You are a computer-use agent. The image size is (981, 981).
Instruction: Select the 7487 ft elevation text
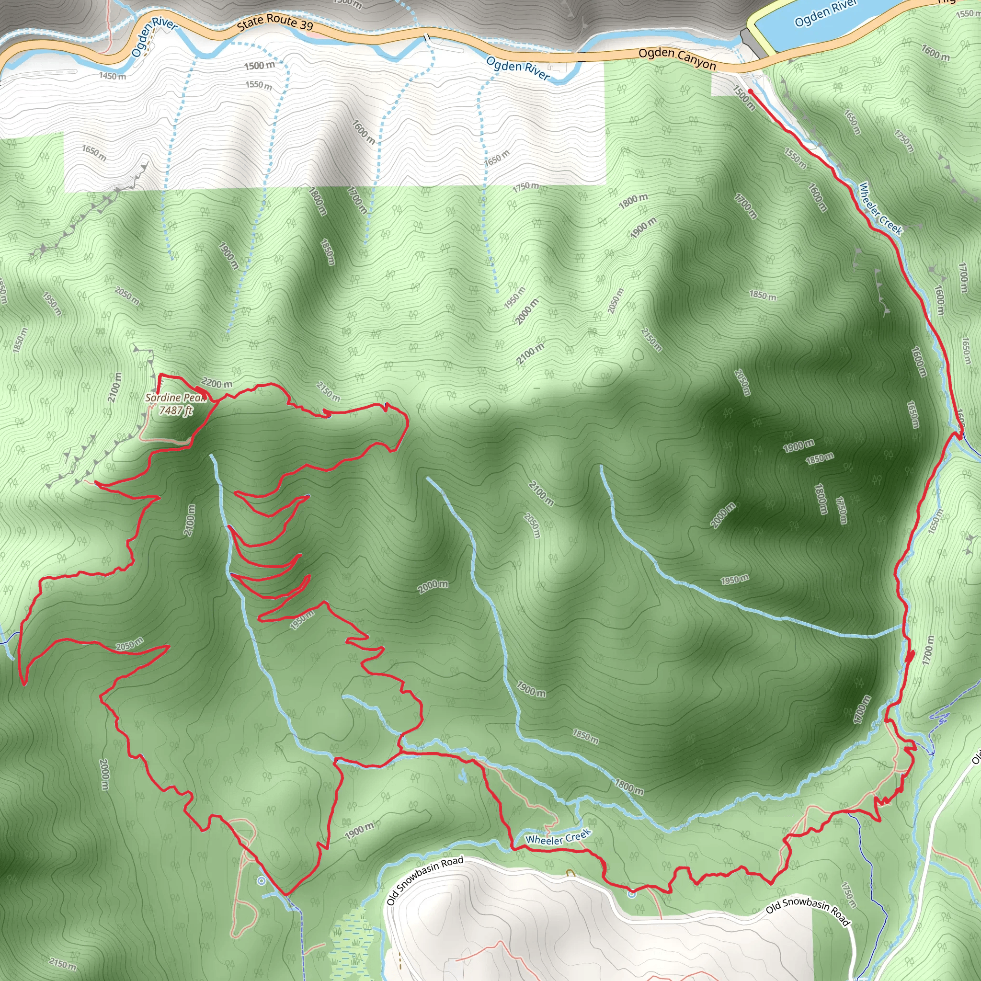(x=176, y=411)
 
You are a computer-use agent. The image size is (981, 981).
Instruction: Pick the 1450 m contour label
(x=112, y=76)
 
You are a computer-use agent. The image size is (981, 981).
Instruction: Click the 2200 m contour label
(x=217, y=383)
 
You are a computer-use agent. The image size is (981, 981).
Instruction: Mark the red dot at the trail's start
(x=750, y=91)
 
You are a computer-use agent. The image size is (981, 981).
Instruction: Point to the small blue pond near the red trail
(x=463, y=776)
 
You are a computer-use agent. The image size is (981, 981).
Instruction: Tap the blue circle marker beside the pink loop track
(x=262, y=881)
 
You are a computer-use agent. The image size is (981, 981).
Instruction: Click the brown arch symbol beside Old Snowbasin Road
(x=570, y=873)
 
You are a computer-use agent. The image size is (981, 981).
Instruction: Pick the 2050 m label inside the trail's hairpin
(x=129, y=645)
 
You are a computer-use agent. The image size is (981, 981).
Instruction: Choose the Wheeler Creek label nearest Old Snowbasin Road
(x=558, y=837)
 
